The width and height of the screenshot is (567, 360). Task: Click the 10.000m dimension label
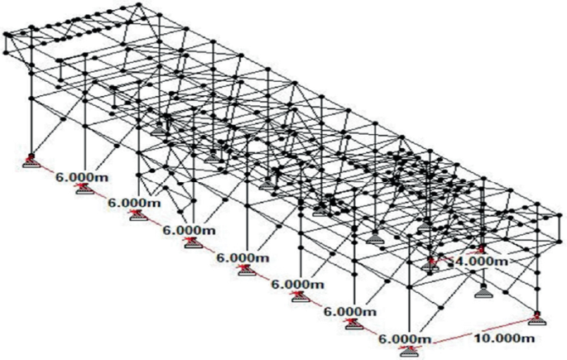tap(501, 338)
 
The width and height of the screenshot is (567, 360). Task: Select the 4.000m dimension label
tap(482, 262)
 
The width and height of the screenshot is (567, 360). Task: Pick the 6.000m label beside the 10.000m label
tap(404, 339)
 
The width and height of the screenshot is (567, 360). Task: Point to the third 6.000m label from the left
tap(190, 229)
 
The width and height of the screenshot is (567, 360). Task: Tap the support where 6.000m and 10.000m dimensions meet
tap(409, 352)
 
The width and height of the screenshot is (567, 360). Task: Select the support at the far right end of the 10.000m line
tap(539, 318)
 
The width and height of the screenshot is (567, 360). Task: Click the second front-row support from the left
tap(84, 189)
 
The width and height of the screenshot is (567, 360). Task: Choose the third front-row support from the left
tap(137, 216)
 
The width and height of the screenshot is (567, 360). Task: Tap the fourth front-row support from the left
tap(192, 242)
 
